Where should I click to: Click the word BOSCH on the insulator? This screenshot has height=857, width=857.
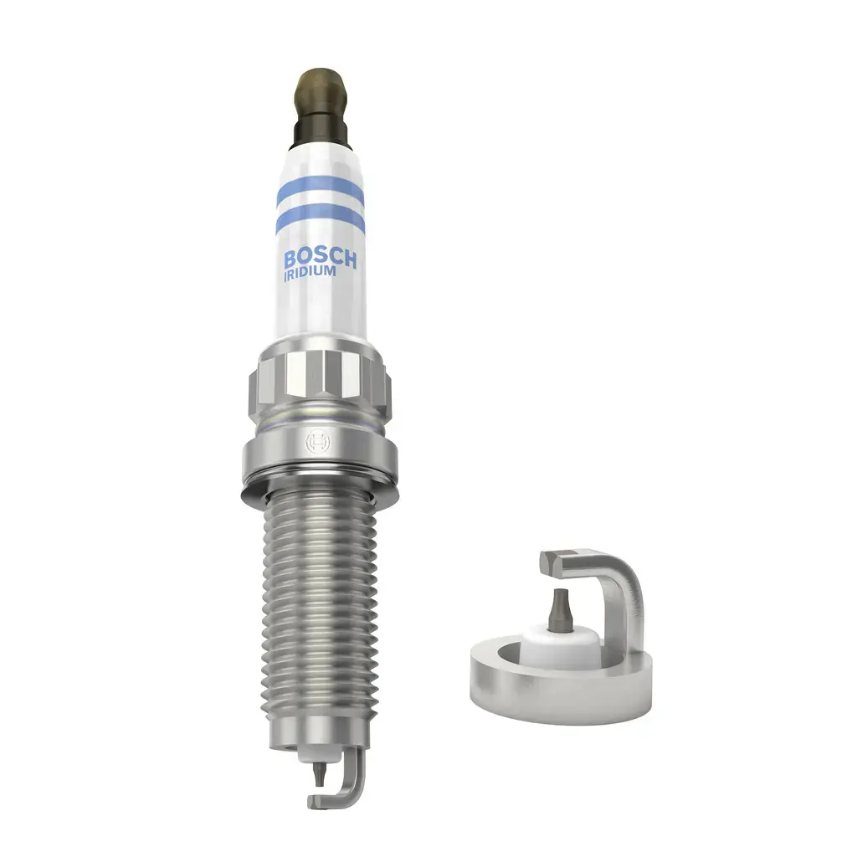tap(320, 258)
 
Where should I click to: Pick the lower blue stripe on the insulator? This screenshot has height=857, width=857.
tap(319, 219)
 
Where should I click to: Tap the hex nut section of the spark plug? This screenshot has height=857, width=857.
tap(318, 381)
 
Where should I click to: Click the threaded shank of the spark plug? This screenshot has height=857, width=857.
tap(319, 603)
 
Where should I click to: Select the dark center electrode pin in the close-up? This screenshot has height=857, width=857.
tap(561, 607)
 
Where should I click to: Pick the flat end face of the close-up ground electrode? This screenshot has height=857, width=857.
tap(549, 562)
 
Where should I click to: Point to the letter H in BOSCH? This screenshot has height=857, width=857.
tap(349, 259)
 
